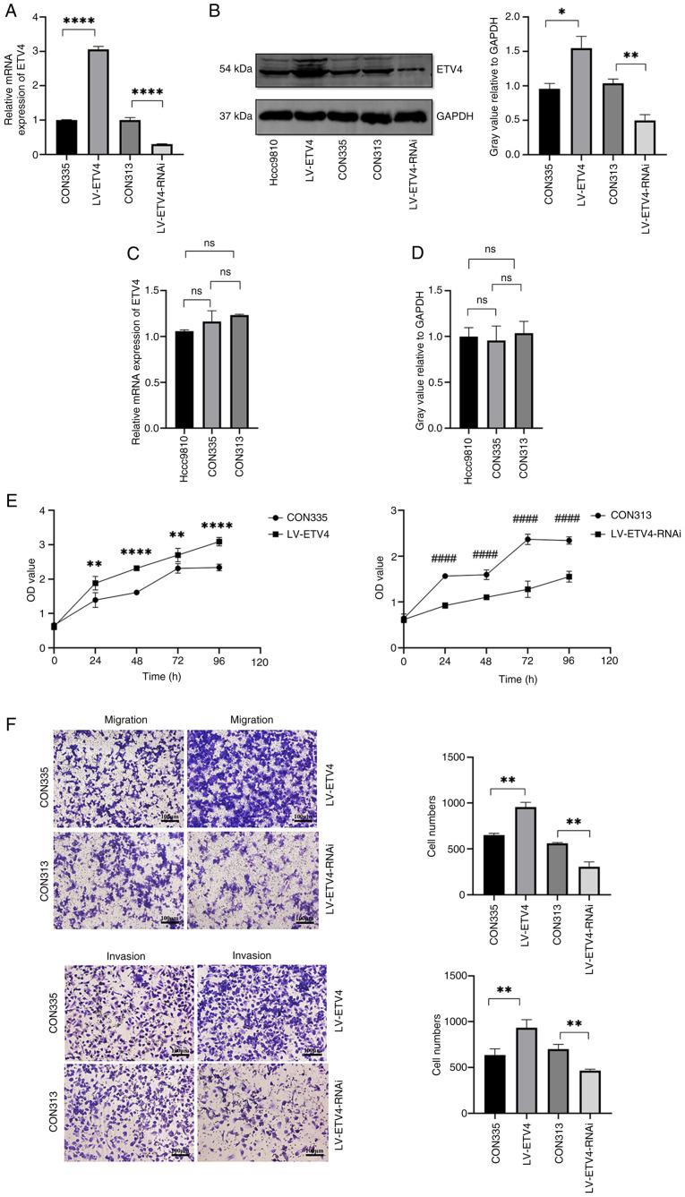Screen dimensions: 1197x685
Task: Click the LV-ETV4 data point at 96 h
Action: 218,542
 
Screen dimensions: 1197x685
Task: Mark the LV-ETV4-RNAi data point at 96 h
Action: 568,577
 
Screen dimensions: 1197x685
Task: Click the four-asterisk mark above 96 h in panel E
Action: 217,526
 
